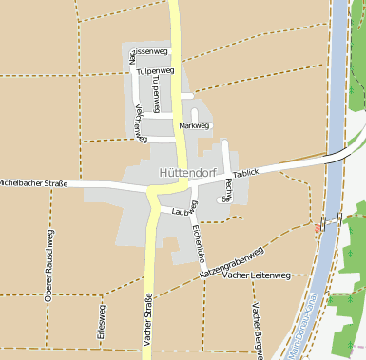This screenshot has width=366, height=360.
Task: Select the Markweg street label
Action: pos(194,125)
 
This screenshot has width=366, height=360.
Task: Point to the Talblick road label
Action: pos(245,175)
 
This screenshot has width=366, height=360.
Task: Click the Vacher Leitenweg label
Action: pos(254,275)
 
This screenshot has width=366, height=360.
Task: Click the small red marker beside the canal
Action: pos(316,228)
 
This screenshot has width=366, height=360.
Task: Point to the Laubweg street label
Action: pos(183,211)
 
